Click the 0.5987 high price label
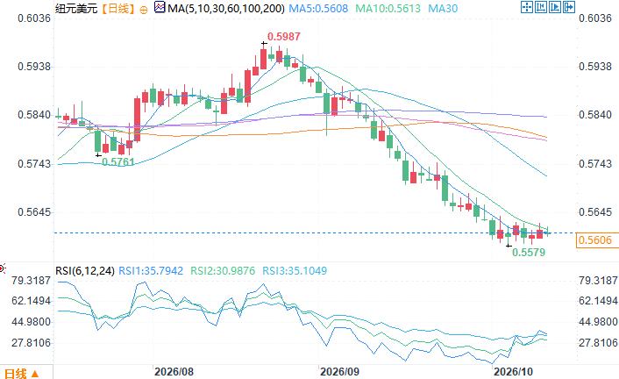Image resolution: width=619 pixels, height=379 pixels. coord(284,37)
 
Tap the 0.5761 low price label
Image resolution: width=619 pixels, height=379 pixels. coord(118,162)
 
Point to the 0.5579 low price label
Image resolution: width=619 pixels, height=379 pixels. coord(529,252)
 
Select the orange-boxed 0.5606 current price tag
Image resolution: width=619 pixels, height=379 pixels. coord(595,240)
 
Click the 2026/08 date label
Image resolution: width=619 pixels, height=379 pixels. coord(174,372)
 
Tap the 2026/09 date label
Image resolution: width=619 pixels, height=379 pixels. coord(339,372)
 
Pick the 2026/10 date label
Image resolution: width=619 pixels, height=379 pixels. coord(513,372)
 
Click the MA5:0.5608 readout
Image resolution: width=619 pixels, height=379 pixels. coord(318,8)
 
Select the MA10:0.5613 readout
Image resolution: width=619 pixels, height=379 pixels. coord(388,8)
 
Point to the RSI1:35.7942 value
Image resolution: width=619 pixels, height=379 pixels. coord(151,271)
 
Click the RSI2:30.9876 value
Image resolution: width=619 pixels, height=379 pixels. coord(223,271)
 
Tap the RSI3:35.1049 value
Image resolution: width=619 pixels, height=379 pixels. coord(295,271)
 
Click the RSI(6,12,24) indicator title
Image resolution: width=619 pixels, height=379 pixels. coord(85,271)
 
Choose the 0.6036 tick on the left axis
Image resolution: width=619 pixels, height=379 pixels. coord(34,18)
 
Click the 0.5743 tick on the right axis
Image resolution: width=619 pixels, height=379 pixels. coord(595,163)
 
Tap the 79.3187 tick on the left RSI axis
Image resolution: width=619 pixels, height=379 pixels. coord(32,281)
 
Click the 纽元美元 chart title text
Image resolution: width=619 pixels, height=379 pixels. coord(76,8)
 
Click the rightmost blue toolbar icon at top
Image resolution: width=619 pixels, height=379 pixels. coord(569,7)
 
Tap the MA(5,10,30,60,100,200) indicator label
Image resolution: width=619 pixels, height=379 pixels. coord(226,8)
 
